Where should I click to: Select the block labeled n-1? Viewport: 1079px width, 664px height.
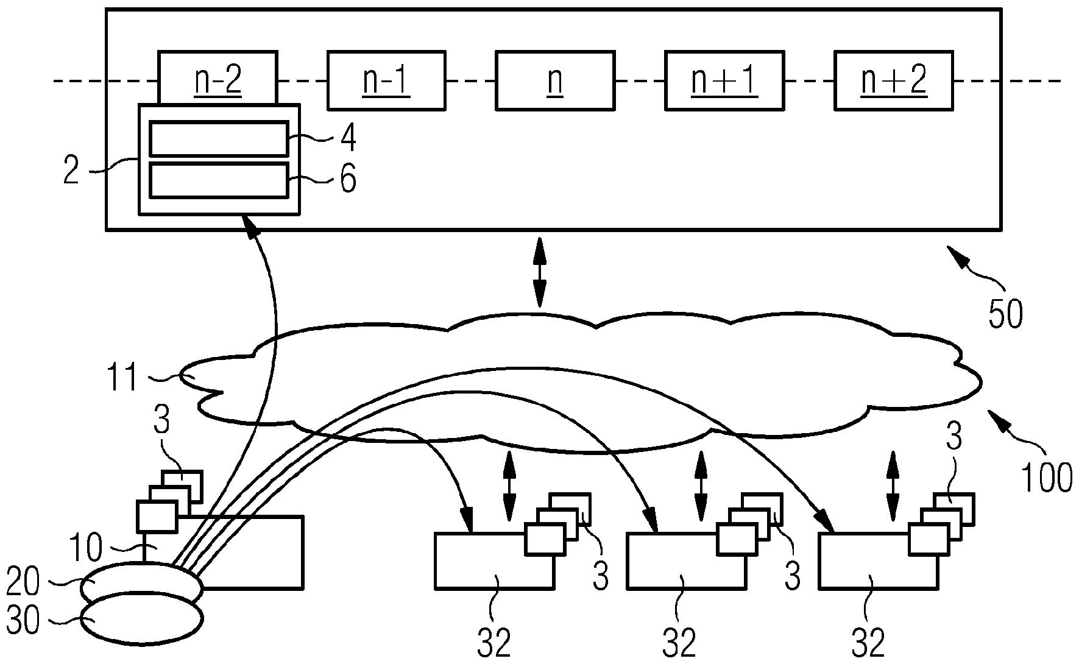point(386,81)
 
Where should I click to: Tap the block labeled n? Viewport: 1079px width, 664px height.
point(555,81)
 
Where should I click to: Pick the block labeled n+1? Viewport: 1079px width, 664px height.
point(724,81)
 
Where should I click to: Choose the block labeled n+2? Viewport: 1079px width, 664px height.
point(893,81)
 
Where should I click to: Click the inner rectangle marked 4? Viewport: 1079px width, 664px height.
point(219,139)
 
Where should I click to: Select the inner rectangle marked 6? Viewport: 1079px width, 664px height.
point(219,180)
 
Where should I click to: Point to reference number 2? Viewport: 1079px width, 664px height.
point(72,171)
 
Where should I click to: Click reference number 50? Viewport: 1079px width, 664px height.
point(1005,314)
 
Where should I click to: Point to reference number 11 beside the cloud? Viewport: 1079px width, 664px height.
point(124,377)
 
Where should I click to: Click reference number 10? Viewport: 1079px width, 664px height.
point(86,548)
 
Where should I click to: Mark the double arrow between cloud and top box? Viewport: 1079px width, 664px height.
point(539,272)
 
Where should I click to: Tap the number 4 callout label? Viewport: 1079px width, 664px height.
point(348,139)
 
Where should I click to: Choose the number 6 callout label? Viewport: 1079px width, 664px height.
point(348,180)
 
